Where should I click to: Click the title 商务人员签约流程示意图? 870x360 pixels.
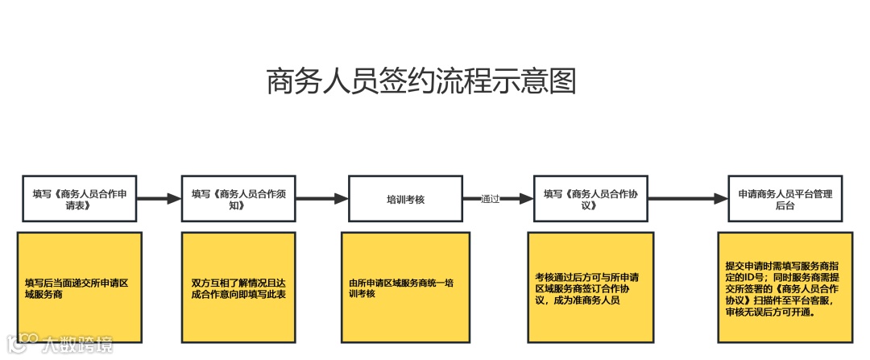click(421, 82)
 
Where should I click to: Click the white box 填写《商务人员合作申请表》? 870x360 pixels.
click(80, 199)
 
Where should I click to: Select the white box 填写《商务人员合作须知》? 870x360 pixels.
click(238, 199)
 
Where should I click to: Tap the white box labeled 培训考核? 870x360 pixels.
click(405, 199)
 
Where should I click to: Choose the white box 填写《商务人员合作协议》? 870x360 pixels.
click(590, 199)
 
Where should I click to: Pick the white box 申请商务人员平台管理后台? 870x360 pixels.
click(785, 199)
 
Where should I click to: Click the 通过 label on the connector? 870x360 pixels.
click(490, 199)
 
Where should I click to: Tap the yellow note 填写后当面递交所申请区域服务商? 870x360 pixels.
click(80, 288)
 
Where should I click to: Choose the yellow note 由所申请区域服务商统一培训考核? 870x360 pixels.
click(404, 288)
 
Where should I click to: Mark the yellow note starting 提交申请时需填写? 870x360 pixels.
click(785, 288)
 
